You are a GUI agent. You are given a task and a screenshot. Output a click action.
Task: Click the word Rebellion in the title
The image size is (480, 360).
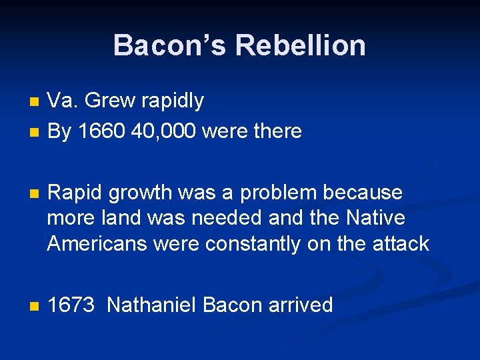[300, 46]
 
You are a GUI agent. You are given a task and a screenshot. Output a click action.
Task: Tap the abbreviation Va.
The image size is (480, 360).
[63, 101]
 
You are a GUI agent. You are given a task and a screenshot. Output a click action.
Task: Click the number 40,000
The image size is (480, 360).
[163, 131]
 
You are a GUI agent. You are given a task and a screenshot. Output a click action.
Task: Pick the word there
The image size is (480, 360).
[274, 131]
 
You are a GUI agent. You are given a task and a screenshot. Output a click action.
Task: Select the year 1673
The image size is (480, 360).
[71, 305]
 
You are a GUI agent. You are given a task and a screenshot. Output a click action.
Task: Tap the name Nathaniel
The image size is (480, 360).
[151, 305]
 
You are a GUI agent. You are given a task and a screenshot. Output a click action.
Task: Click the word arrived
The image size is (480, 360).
[300, 305]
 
